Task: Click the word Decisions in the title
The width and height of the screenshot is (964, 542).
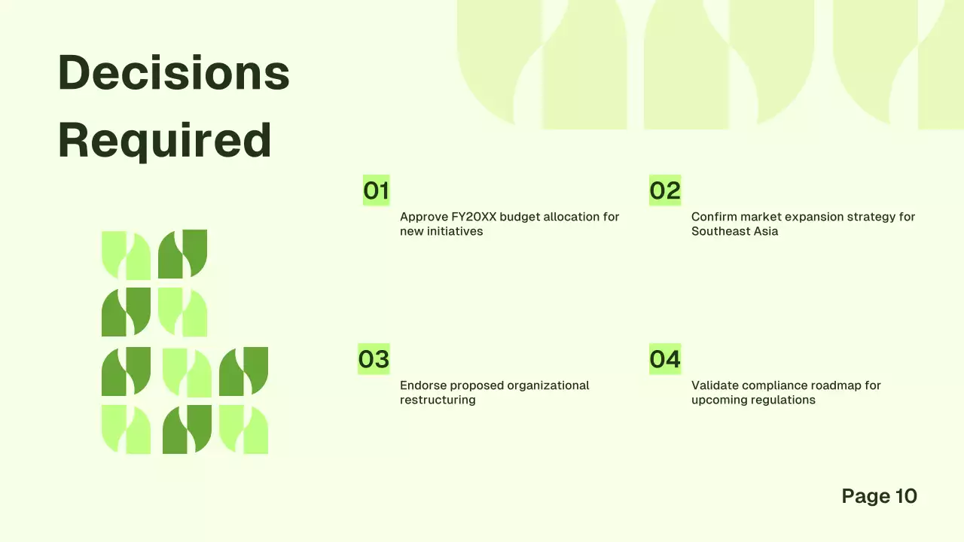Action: click(x=174, y=73)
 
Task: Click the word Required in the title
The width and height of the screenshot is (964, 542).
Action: click(x=164, y=141)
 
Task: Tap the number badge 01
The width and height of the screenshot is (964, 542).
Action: click(x=376, y=190)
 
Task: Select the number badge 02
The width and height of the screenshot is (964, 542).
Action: click(x=665, y=190)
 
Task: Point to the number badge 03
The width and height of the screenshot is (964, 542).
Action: click(x=374, y=359)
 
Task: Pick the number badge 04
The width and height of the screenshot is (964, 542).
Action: click(x=665, y=359)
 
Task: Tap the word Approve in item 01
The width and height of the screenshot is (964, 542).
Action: click(x=423, y=217)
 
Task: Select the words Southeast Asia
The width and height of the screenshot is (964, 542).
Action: click(x=734, y=231)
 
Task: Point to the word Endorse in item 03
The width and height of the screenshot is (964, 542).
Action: click(x=423, y=385)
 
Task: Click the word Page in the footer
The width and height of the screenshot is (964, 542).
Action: click(x=865, y=496)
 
